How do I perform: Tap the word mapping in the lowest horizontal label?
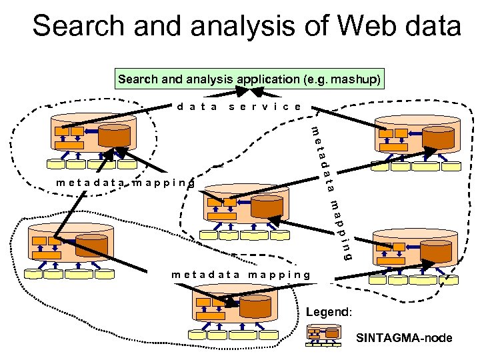(279, 274)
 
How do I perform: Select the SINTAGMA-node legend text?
(404, 338)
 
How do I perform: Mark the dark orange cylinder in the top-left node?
(114, 136)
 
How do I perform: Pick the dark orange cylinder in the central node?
(265, 207)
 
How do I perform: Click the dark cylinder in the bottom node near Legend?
(253, 306)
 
